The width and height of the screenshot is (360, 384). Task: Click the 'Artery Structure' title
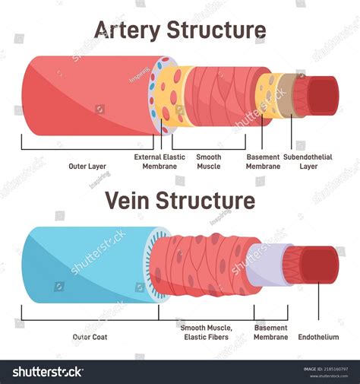[179, 30]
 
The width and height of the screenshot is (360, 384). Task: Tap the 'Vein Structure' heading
[179, 200]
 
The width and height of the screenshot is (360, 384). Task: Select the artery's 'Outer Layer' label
[87, 166]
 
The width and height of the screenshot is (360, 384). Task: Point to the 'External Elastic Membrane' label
[159, 161]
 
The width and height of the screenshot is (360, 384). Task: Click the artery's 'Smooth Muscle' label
[209, 161]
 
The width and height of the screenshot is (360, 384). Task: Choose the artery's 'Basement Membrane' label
[263, 161]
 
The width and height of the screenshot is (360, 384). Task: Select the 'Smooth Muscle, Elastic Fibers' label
[207, 332]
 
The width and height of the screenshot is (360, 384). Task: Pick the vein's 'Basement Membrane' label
[271, 332]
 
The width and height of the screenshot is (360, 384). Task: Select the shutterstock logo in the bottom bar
[47, 372]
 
